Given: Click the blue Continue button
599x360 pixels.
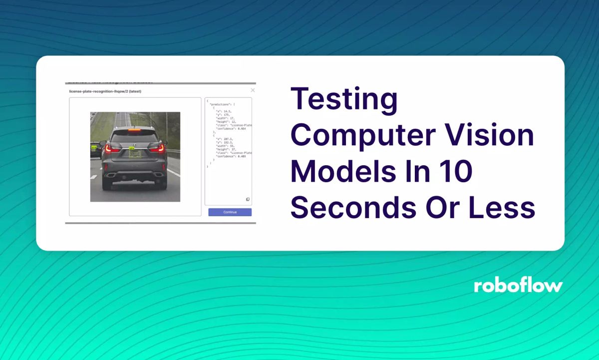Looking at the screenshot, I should [230, 212].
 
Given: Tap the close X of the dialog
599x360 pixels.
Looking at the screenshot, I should [253, 90].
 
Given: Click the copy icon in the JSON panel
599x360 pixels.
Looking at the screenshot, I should [248, 199].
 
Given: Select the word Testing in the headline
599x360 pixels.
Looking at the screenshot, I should [344, 100].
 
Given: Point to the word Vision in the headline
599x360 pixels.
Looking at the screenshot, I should [494, 136].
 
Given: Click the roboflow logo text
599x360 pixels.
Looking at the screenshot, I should [518, 286].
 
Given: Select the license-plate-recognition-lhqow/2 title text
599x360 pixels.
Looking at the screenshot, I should [105, 91].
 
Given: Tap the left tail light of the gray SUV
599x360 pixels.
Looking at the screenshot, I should [113, 148].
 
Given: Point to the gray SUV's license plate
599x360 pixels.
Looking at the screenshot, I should [135, 155].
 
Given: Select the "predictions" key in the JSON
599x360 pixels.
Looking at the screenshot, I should [220, 104].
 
